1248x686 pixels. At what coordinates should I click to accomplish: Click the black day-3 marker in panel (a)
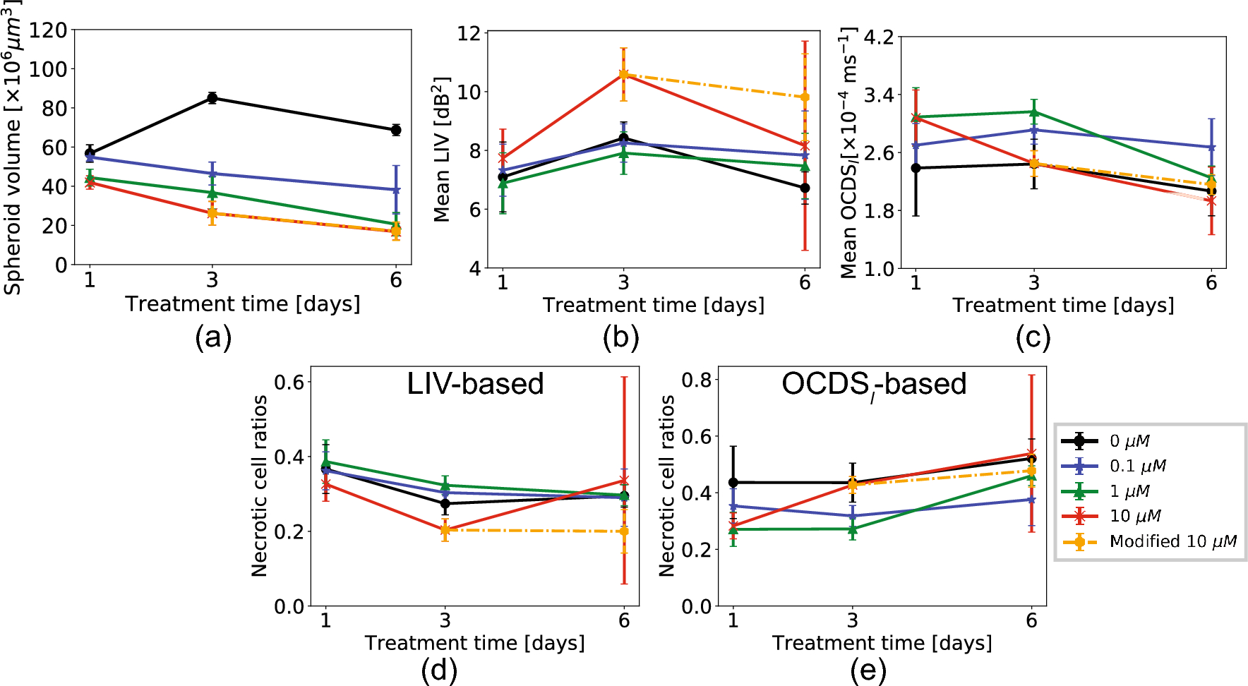pyautogui.click(x=212, y=98)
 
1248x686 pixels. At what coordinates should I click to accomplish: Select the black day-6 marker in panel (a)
pyautogui.click(x=396, y=130)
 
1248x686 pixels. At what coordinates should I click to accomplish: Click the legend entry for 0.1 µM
pyautogui.click(x=1136, y=467)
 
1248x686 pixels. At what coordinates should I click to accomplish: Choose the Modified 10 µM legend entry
pyautogui.click(x=1172, y=542)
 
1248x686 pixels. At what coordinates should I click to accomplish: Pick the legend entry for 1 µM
pyautogui.click(x=1129, y=491)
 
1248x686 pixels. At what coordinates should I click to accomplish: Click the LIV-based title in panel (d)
pyautogui.click(x=475, y=384)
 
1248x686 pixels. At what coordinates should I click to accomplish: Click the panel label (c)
pyautogui.click(x=1033, y=338)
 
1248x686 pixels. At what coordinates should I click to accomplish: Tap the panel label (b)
pyautogui.click(x=620, y=338)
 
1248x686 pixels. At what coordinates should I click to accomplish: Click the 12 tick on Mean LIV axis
pyautogui.click(x=468, y=33)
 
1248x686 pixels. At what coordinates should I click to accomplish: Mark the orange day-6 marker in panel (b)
pyautogui.click(x=805, y=97)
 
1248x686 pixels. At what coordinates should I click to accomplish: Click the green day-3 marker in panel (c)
pyautogui.click(x=1034, y=112)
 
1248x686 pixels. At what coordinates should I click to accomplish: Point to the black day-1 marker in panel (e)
pyautogui.click(x=733, y=483)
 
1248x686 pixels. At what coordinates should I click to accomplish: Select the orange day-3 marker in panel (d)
pyautogui.click(x=445, y=529)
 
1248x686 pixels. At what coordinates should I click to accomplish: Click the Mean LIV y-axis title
pyautogui.click(x=442, y=150)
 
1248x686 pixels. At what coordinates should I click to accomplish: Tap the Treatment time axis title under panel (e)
pyautogui.click(x=882, y=643)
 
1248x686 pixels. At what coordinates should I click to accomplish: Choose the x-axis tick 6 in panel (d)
pyautogui.click(x=624, y=621)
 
